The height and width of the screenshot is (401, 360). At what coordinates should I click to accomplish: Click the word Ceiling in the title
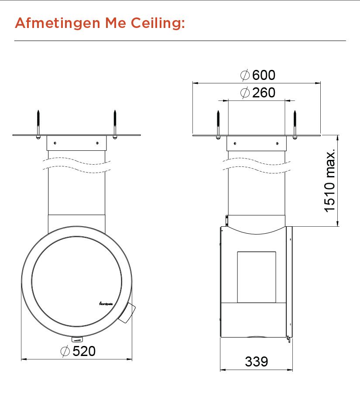(x=158, y=23)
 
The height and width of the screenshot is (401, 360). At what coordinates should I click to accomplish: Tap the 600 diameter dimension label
(x=264, y=75)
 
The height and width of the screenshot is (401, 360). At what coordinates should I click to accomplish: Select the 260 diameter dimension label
(x=264, y=93)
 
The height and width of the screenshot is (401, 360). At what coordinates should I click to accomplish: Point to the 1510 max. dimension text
(x=330, y=180)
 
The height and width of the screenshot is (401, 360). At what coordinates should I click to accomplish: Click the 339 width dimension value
(x=257, y=362)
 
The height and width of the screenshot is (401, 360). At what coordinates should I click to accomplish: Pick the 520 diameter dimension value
(x=84, y=351)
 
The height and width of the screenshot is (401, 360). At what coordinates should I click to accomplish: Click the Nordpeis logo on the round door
(x=105, y=302)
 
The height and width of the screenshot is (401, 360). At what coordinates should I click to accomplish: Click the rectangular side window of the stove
(x=256, y=277)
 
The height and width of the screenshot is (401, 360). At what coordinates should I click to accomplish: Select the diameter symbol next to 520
(x=65, y=351)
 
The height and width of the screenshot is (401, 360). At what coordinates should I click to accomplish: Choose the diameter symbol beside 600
(x=245, y=75)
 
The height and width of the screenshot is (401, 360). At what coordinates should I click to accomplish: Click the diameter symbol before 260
(x=245, y=93)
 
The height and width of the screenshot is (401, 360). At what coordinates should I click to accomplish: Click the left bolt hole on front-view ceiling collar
(x=55, y=143)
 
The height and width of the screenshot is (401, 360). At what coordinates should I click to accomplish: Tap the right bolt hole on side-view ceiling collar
(x=277, y=143)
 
